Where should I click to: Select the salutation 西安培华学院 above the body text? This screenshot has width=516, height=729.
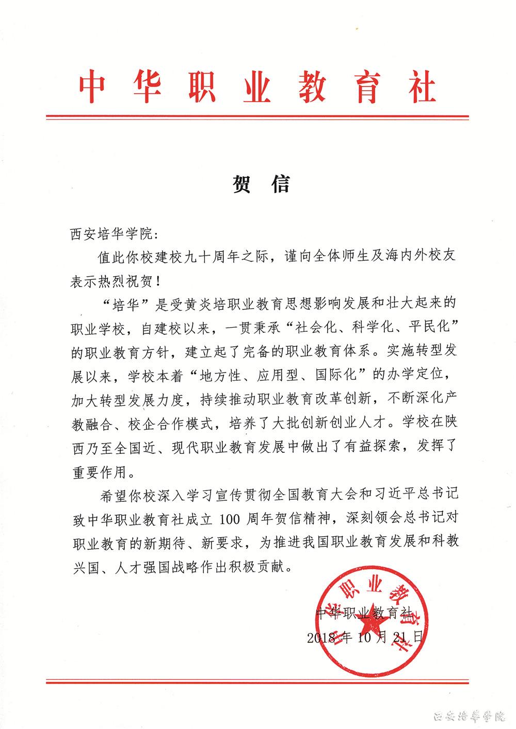point(108,234)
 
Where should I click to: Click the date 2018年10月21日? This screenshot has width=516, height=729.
point(364,637)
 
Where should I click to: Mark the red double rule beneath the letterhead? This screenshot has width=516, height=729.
point(257,118)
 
